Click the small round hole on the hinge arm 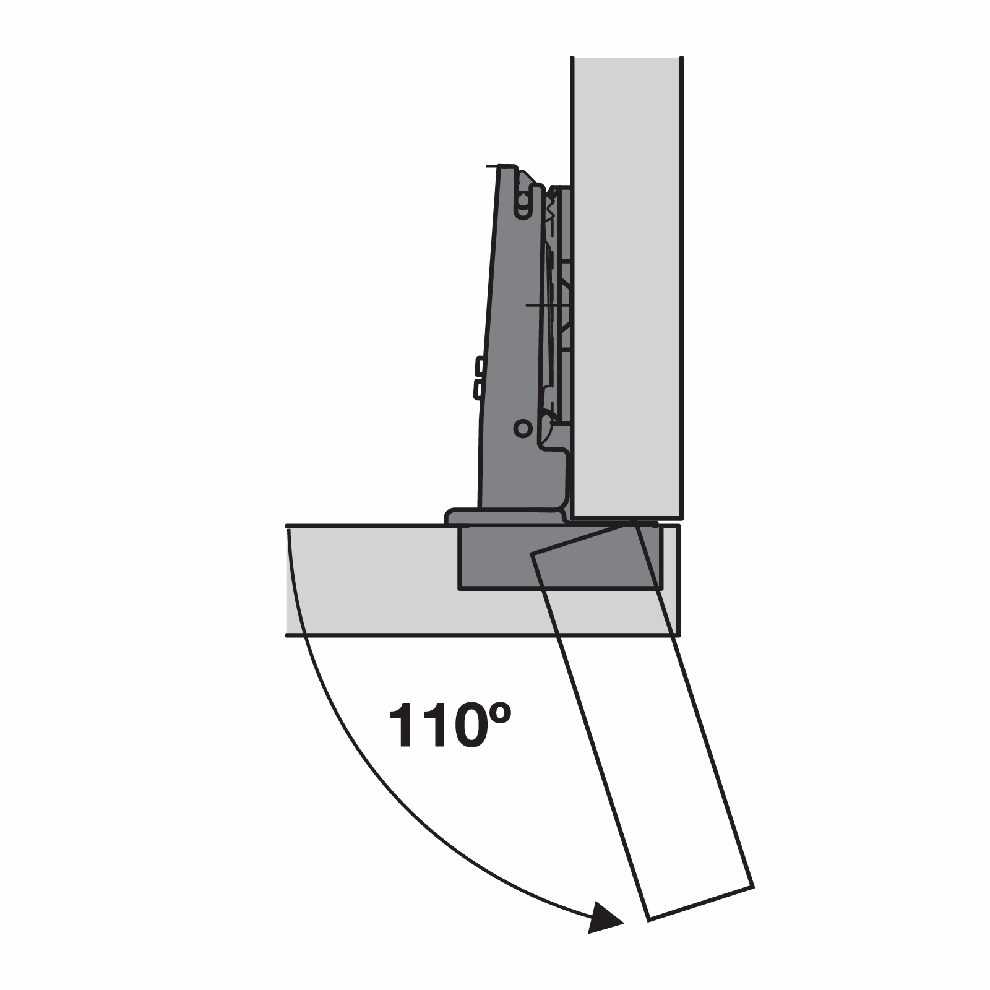(x=523, y=428)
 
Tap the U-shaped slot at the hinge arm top (x=523, y=201)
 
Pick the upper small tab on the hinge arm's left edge (x=478, y=367)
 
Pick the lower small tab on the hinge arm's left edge (x=478, y=389)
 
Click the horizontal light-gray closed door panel (x=371, y=582)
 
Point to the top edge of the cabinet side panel (x=626, y=58)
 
